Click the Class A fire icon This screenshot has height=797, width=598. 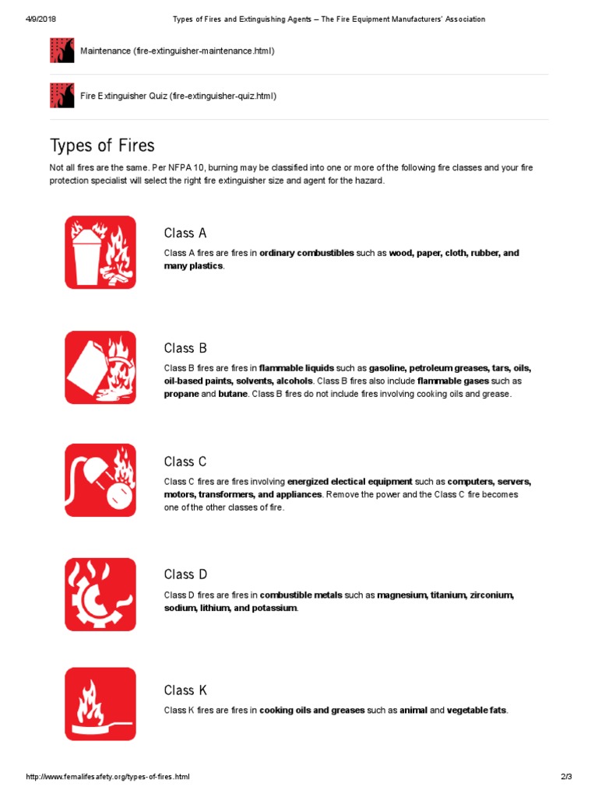coord(100,252)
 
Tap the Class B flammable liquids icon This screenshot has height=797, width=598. coord(100,367)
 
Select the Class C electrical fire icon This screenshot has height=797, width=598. coord(100,480)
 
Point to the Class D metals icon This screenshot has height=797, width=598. coord(100,594)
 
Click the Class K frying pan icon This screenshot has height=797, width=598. coord(100,704)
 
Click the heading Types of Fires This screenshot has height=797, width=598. coord(102,146)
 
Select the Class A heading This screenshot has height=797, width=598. coord(185,233)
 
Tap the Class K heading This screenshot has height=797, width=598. coord(185,690)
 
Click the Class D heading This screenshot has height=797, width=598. coord(185,574)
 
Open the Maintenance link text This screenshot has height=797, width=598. coord(177,51)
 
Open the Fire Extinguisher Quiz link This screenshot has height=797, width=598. coord(178,96)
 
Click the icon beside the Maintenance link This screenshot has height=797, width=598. coord(62,51)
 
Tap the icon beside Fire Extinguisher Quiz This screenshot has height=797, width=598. coord(62,96)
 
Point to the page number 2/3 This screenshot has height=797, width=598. coord(566,777)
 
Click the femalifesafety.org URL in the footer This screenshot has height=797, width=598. coord(108,777)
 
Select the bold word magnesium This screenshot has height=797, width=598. coord(401,595)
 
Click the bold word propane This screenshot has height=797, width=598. coord(181,394)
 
